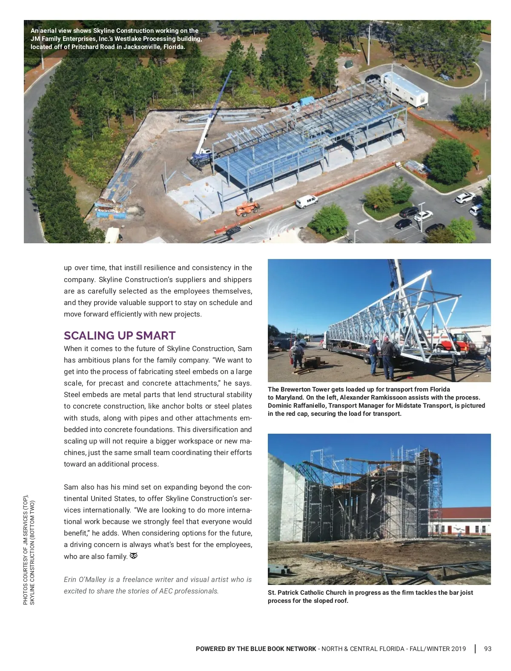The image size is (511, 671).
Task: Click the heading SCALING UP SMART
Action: coord(120,336)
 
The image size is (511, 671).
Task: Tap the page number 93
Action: coord(488,649)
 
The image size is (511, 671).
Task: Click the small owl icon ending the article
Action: coord(134,556)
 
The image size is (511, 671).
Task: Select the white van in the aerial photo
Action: coord(306,201)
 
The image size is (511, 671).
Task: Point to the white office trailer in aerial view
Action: coord(405,88)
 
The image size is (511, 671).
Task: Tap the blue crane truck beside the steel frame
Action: coord(200,157)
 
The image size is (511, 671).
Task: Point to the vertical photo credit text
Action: coord(29,550)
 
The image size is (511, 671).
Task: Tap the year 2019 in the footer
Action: coord(458,649)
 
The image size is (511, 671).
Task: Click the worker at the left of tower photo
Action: coord(297,356)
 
